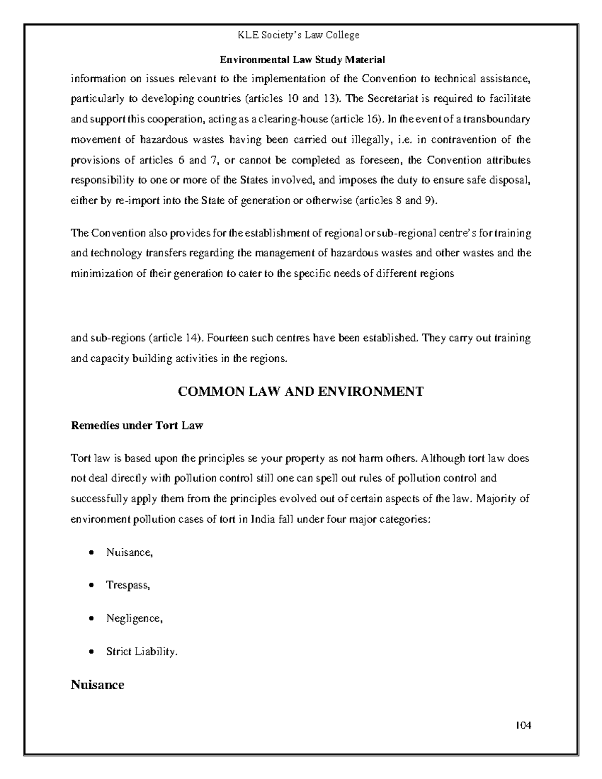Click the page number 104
[522, 725]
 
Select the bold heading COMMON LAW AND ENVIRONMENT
[300, 391]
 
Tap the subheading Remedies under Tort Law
[137, 426]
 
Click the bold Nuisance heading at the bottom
[97, 685]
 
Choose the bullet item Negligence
[134, 618]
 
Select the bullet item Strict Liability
[141, 652]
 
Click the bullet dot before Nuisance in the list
[91, 553]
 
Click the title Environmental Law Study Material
[302, 60]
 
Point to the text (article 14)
[177, 338]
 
